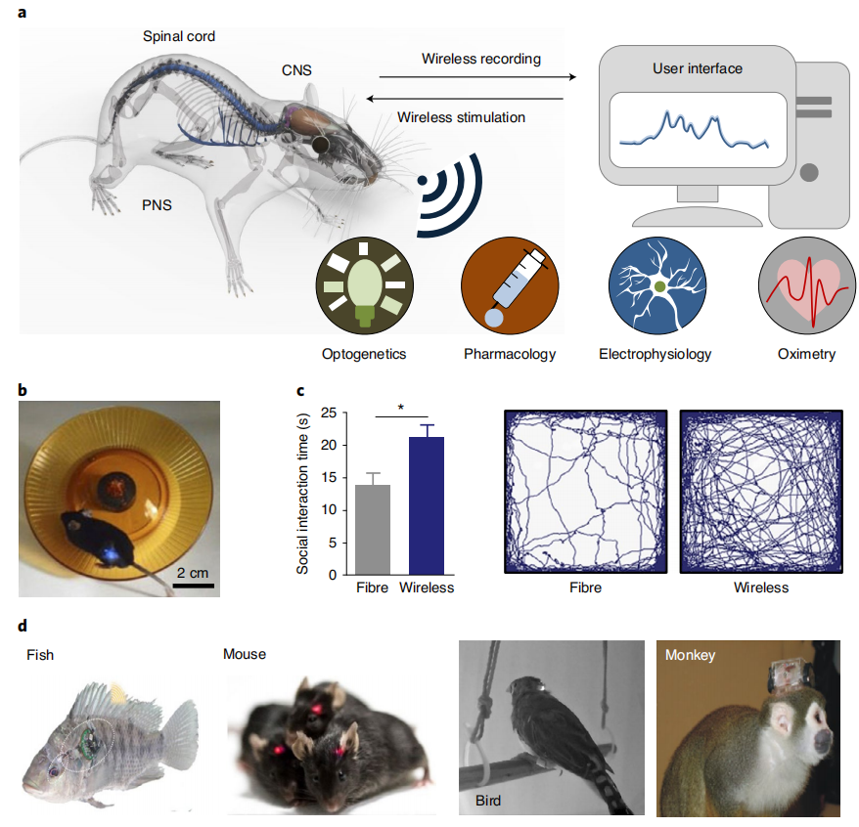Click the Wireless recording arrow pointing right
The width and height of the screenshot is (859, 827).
tap(473, 76)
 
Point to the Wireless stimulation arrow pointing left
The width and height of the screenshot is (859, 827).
tap(465, 99)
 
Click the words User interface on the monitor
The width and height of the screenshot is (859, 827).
tap(698, 69)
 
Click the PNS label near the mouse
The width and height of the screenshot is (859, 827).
tap(157, 206)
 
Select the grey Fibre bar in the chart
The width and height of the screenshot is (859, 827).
tap(373, 529)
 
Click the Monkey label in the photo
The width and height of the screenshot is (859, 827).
tap(691, 656)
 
